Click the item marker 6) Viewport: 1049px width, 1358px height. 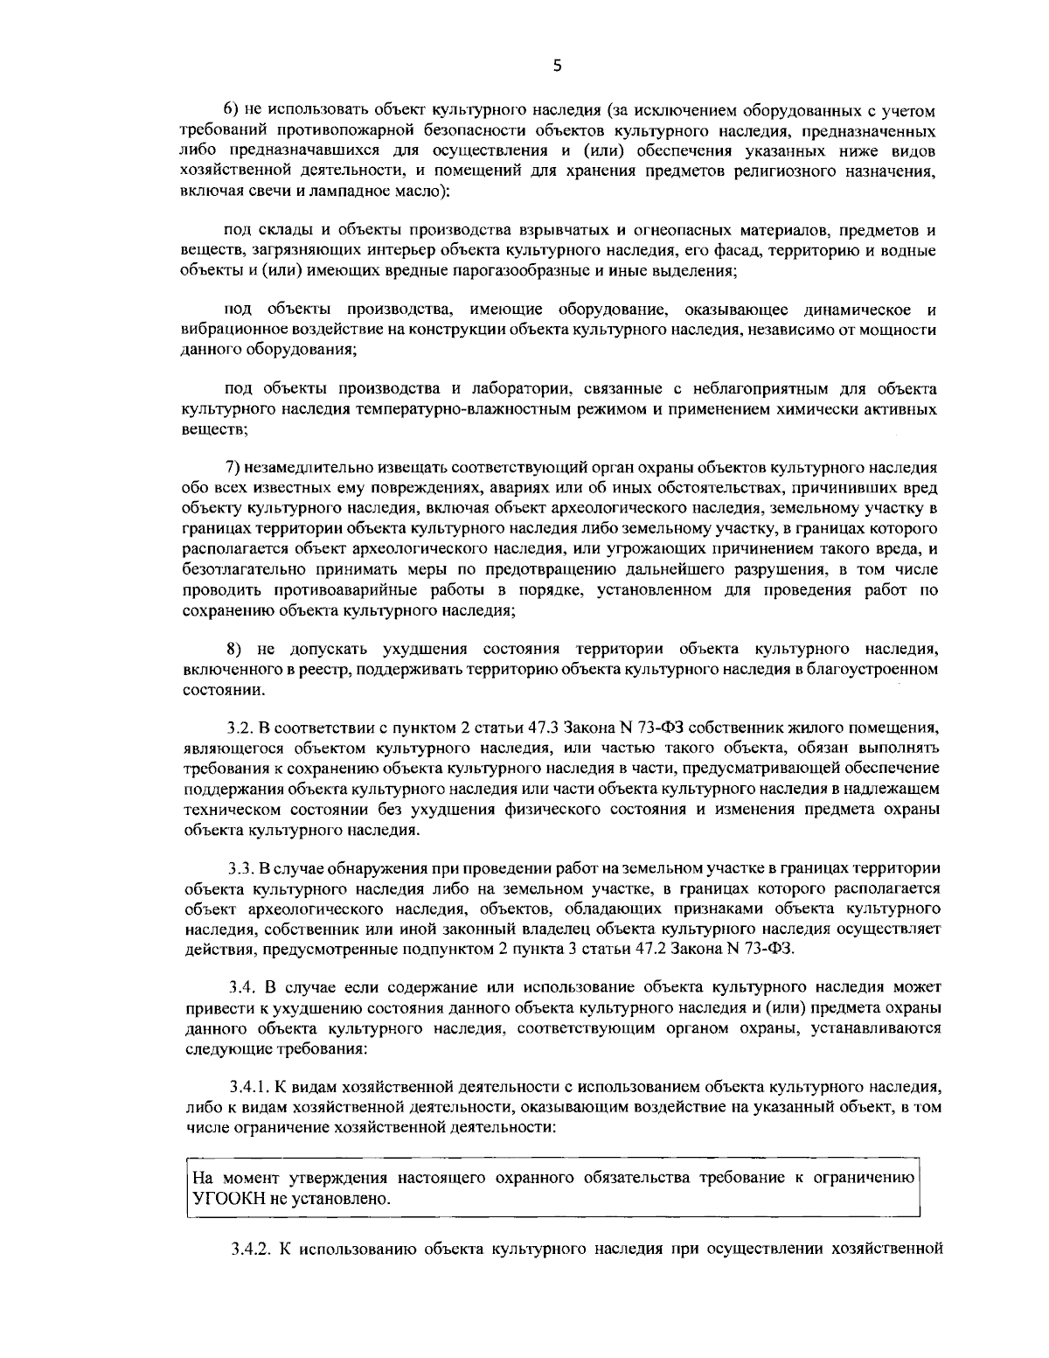coord(233,111)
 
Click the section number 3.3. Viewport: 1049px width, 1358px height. coord(239,868)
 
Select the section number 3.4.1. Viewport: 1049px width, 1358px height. coord(247,1087)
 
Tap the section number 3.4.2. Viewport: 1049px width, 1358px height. coord(247,1248)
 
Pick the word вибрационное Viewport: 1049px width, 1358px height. coord(228,331)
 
